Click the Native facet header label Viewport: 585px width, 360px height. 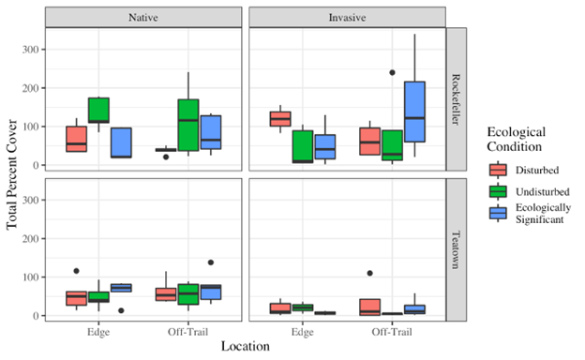click(x=143, y=18)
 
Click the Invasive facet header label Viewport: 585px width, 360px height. click(x=347, y=18)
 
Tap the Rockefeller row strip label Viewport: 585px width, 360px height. click(x=456, y=99)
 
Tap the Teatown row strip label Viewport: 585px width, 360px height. click(x=456, y=249)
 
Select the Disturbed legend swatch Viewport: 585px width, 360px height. click(x=498, y=170)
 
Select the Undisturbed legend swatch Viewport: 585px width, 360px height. click(x=498, y=191)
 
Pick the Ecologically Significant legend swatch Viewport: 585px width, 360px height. click(x=498, y=213)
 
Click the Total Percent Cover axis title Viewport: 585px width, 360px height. click(x=11, y=174)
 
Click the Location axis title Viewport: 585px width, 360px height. click(x=245, y=346)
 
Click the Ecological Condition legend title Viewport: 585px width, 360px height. click(x=517, y=139)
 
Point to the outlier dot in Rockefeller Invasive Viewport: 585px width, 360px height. click(x=392, y=72)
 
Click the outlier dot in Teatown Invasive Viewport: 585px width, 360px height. click(x=369, y=273)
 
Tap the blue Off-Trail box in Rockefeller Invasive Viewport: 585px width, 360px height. click(x=414, y=112)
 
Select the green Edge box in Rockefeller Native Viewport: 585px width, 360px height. click(x=98, y=110)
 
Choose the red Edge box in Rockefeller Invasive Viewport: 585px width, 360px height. click(x=280, y=119)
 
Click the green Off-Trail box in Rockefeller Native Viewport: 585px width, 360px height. click(x=188, y=125)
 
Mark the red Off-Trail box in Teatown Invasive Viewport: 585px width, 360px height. click(x=369, y=307)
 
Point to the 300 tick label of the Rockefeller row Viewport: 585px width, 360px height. click(x=31, y=50)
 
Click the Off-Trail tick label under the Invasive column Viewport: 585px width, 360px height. click(x=392, y=332)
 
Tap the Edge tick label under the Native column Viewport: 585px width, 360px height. click(x=98, y=332)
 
